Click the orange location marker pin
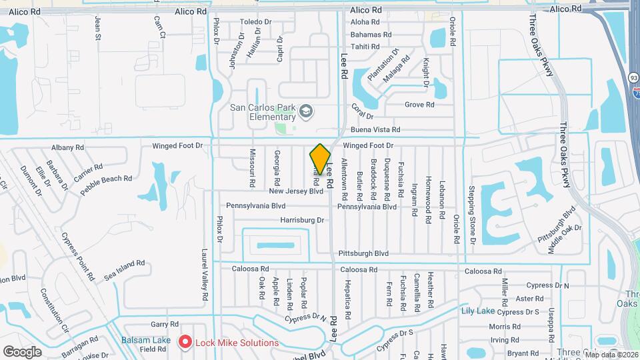click(320, 159)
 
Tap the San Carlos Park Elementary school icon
click(306, 111)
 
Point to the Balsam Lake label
click(146, 340)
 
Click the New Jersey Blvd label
click(296, 191)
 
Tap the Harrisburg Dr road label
click(302, 219)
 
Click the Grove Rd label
click(419, 105)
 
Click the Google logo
click(22, 351)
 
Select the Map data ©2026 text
click(611, 355)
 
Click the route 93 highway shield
click(633, 78)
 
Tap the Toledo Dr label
click(257, 22)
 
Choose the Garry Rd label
click(162, 324)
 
